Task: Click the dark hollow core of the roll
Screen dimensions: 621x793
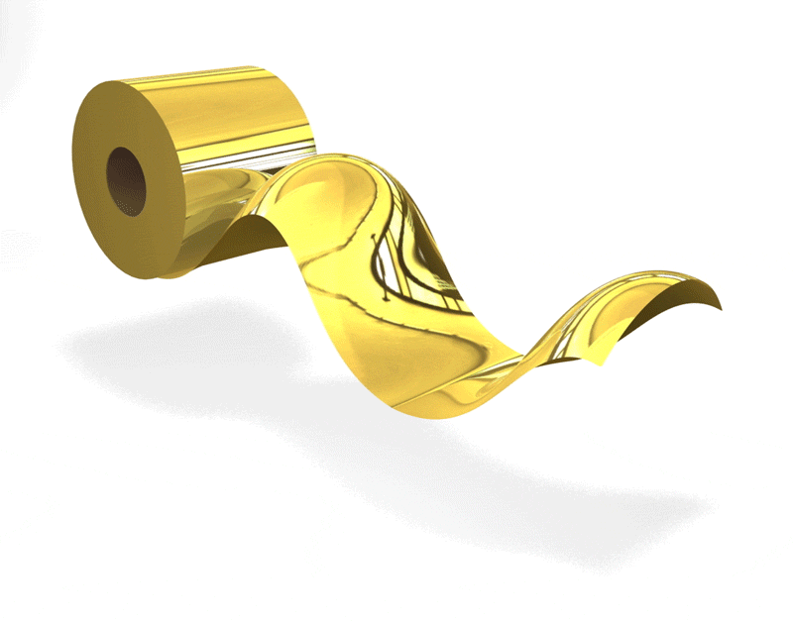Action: click(126, 179)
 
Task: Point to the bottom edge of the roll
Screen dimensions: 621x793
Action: click(169, 274)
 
